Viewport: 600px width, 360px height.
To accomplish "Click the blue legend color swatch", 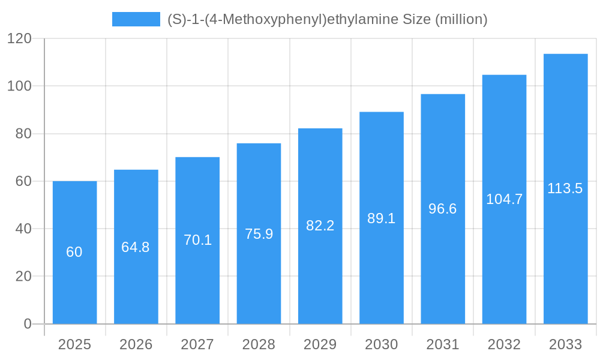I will pos(136,19).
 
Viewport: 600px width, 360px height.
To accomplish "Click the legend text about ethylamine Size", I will pos(327,19).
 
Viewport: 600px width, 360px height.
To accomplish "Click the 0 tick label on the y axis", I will pos(28,324).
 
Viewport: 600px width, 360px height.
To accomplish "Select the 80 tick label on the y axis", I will pos(23,134).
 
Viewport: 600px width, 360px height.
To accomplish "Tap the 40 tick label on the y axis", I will pos(23,229).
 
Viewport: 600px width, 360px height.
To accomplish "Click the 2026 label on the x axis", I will pos(136,344).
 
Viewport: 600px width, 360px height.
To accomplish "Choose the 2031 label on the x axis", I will pos(443,344).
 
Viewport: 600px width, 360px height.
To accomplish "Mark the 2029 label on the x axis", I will pos(320,344).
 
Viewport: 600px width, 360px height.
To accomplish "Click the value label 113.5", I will pos(565,188).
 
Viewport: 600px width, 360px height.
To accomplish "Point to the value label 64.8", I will pos(136,247).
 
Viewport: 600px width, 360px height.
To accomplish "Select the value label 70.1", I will pos(197,240).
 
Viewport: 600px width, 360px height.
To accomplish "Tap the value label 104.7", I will pos(504,199).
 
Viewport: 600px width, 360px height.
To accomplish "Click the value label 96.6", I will pos(443,209).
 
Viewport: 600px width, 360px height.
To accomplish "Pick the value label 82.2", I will pos(320,226).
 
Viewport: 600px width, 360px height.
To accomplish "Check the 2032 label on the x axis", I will pos(504,344).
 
